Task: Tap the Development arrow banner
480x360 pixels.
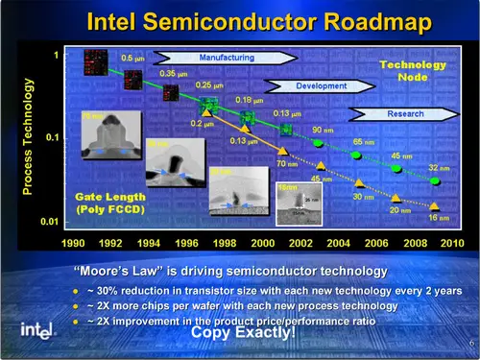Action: coord(317,85)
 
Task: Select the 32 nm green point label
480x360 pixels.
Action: coord(437,167)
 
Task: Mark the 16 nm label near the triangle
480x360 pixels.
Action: coord(438,219)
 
